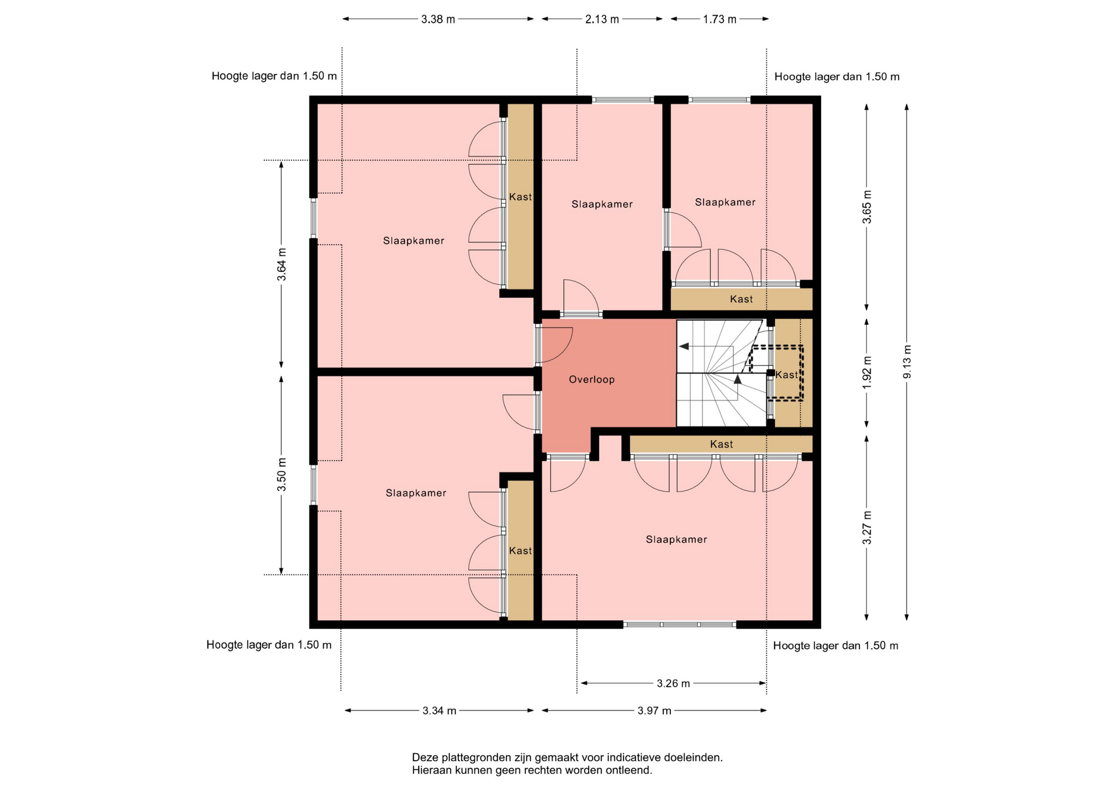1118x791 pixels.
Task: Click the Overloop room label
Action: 592,380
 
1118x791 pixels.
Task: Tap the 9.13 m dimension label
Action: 907,362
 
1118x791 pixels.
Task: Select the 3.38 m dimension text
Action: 438,19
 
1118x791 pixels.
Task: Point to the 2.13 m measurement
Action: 602,19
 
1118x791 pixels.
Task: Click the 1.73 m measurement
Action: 720,19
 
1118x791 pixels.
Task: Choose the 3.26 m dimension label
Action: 673,683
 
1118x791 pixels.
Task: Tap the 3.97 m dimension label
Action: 654,711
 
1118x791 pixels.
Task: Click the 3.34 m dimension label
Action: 440,711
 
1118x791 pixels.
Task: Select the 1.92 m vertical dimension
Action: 867,373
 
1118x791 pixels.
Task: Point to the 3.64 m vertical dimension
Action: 282,264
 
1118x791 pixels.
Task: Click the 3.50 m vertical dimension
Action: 282,475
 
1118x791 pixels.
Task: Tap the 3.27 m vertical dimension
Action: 867,528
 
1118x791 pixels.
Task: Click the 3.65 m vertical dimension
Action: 867,207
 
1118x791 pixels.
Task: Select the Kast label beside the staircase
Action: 787,375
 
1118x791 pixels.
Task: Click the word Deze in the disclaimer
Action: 425,758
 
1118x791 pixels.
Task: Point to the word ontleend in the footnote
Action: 630,771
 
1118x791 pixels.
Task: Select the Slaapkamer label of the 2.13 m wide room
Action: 602,204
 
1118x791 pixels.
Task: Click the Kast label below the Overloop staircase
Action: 721,444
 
